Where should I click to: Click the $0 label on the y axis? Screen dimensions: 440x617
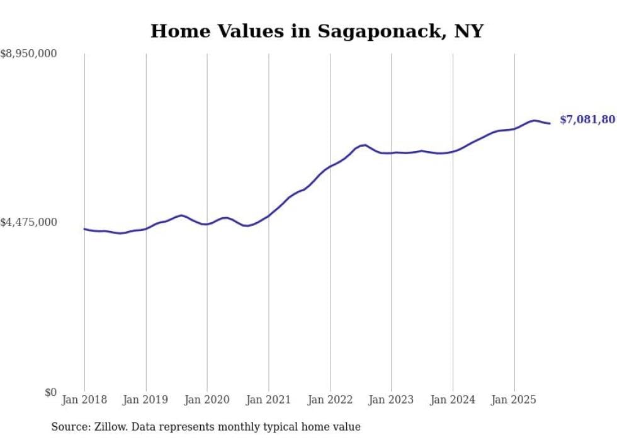click(x=50, y=392)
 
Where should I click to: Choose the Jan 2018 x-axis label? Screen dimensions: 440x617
click(x=84, y=400)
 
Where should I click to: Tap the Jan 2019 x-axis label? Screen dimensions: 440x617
click(x=146, y=400)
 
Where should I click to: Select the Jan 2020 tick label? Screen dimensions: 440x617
click(x=207, y=400)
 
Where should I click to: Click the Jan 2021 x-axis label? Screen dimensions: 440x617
click(x=269, y=400)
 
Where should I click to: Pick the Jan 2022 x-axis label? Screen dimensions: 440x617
click(x=330, y=400)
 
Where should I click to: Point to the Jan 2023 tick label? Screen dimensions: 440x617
click(x=391, y=400)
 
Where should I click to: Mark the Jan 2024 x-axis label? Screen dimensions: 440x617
click(x=453, y=400)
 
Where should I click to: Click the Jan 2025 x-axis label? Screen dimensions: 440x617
click(x=514, y=400)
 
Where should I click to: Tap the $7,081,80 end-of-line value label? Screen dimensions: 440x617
click(x=587, y=120)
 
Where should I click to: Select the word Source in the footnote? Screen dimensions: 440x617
click(x=69, y=427)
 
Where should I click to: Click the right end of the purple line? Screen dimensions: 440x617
click(x=550, y=123)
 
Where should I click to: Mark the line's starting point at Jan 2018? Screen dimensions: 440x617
click(x=84, y=228)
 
